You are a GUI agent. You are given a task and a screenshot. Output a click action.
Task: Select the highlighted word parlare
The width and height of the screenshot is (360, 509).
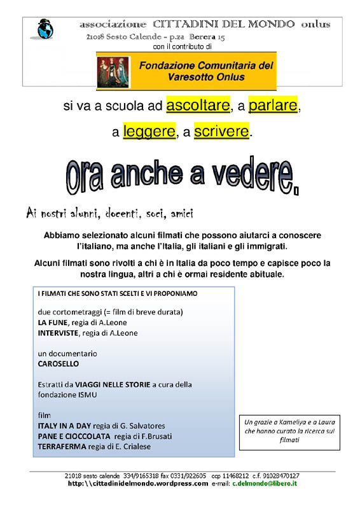pos(273,106)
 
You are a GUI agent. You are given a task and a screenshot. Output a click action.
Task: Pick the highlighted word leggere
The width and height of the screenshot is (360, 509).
pos(149,132)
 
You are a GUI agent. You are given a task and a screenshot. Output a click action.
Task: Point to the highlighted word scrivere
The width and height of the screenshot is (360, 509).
pos(221,132)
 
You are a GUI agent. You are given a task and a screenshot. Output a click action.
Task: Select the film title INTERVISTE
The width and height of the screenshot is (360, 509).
pos(58,332)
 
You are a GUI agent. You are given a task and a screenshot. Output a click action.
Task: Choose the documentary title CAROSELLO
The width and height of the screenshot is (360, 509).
pos(59,364)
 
